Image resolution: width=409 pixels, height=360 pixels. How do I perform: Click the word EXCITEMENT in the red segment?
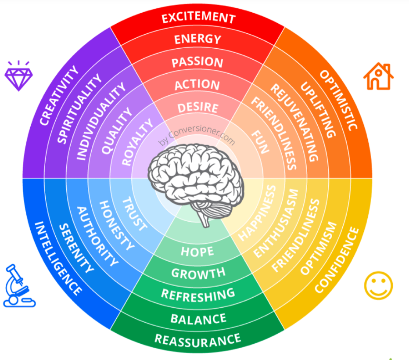pos(198,18)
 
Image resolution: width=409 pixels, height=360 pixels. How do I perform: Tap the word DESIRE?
pos(198,108)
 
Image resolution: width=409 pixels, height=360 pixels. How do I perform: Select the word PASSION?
pos(197,62)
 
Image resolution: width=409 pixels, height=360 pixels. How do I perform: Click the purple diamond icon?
pos(19,76)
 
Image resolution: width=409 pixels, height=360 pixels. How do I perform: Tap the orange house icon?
pos(378,76)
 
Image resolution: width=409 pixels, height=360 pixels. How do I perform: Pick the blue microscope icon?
pos(19,285)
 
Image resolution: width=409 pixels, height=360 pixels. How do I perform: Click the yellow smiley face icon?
pos(378,285)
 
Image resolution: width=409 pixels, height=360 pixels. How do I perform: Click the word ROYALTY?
pos(137,142)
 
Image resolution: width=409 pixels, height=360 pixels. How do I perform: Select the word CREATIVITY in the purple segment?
pos(59,95)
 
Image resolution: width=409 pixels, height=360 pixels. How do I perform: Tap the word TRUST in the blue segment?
pos(135,214)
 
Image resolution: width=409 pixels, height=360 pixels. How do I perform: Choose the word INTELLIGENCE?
pos(58,258)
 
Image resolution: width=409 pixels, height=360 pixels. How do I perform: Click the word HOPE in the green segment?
pos(197,252)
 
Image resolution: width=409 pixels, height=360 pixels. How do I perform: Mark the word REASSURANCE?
pos(198,340)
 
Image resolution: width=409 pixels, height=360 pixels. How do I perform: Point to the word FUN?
pos(260,142)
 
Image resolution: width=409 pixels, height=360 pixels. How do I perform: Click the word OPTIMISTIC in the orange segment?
pos(339,100)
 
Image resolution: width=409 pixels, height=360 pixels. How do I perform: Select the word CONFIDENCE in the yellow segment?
pos(337,260)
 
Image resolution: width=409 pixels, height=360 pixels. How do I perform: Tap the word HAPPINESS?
pos(257,213)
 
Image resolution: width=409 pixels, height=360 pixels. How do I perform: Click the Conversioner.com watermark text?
pos(197,134)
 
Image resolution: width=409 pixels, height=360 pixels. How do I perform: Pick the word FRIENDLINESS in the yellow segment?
pos(295,236)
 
